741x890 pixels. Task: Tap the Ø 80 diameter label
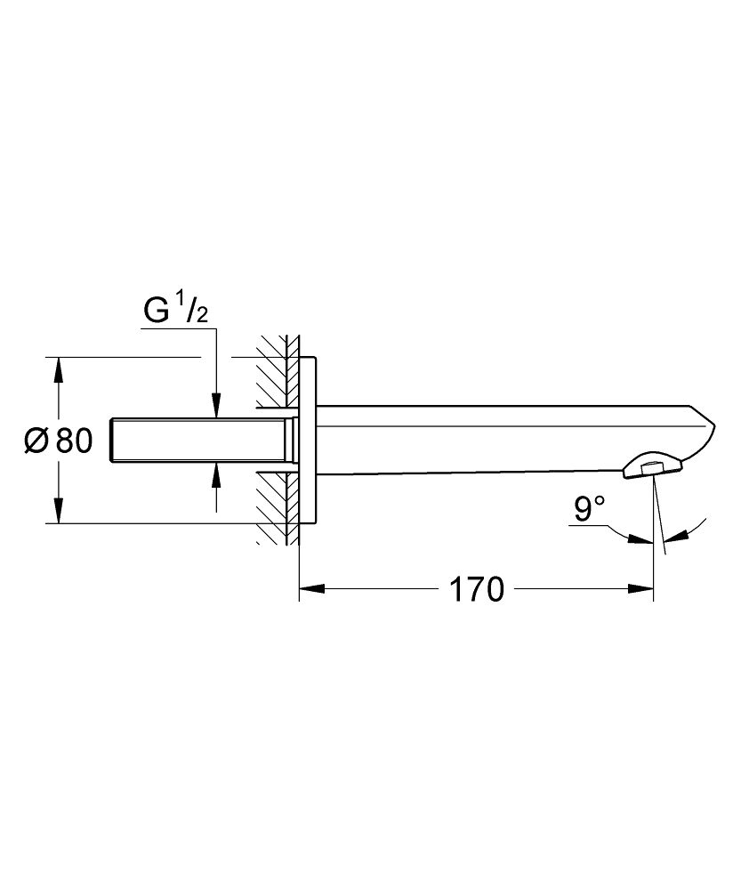pyautogui.click(x=59, y=440)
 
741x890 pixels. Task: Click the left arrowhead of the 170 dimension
pyautogui.click(x=311, y=588)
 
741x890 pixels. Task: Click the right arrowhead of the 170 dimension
pyautogui.click(x=641, y=588)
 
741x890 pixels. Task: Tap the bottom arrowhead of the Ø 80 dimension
pyautogui.click(x=58, y=510)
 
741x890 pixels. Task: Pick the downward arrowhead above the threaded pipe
pyautogui.click(x=215, y=407)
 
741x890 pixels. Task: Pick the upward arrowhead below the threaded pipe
pyautogui.click(x=215, y=474)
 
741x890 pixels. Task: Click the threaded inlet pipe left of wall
pyautogui.click(x=200, y=440)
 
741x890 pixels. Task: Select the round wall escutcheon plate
pyautogui.click(x=307, y=440)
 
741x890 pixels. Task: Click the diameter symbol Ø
pyautogui.click(x=36, y=441)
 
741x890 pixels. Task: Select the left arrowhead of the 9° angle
pyautogui.click(x=641, y=540)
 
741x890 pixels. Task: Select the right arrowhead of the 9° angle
pyautogui.click(x=676, y=535)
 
